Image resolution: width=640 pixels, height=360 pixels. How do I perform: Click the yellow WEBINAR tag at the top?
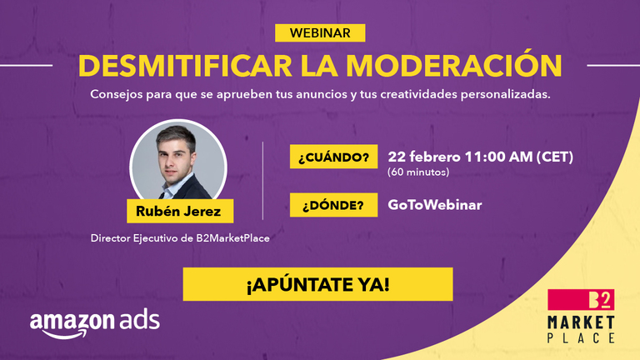(320, 32)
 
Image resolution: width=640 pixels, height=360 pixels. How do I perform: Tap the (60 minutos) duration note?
(419, 172)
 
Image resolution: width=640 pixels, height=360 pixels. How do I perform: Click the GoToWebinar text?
(433, 204)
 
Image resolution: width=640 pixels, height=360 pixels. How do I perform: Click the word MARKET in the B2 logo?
(582, 322)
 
